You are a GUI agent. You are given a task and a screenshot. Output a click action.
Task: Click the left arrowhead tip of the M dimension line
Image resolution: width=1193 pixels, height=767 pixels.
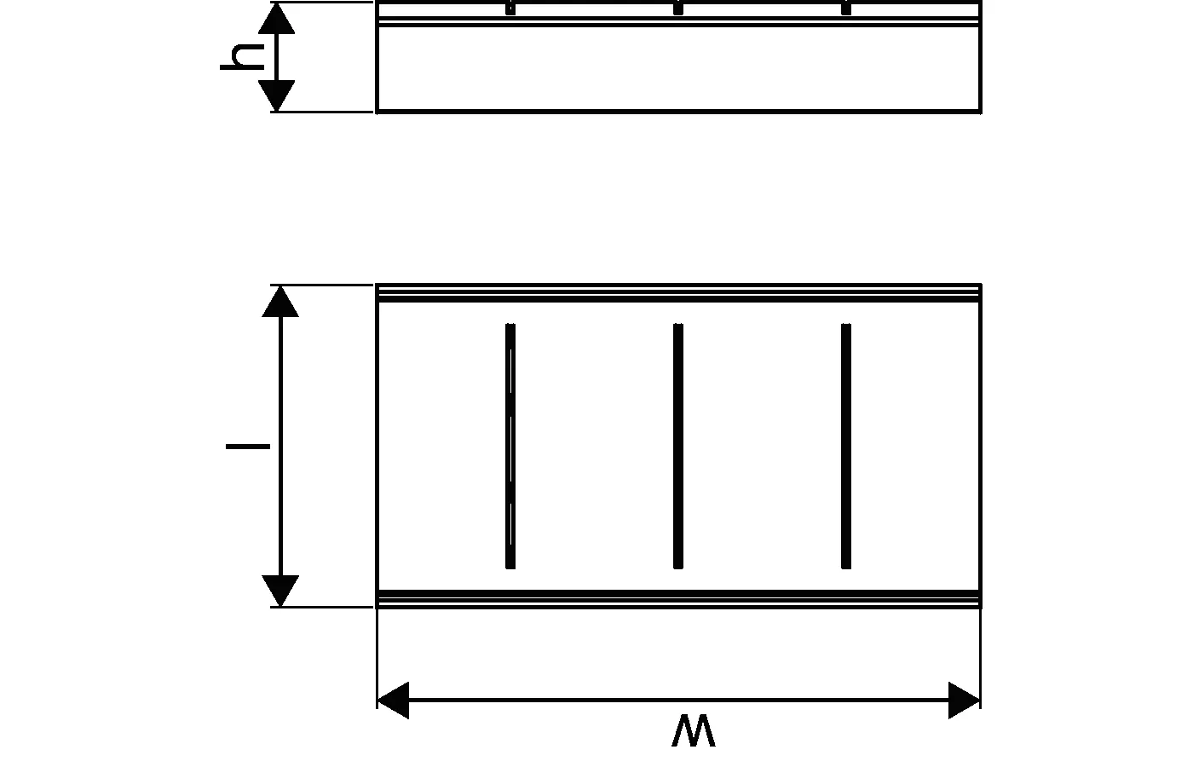point(377,700)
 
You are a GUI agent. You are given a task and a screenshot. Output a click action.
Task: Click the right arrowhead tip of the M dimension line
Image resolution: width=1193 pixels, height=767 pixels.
point(980,700)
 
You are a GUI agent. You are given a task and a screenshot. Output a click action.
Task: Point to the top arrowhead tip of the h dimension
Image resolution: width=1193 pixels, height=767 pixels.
point(276,3)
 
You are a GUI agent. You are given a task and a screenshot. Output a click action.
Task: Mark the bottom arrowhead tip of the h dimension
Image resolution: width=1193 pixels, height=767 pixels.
point(276,112)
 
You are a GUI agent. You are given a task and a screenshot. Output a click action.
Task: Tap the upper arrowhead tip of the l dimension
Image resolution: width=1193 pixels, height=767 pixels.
point(280,286)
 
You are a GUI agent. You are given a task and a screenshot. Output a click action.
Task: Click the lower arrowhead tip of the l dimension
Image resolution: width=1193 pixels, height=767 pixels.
point(280,606)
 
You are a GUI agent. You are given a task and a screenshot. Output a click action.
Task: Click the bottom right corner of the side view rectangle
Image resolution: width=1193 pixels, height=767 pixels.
point(981,112)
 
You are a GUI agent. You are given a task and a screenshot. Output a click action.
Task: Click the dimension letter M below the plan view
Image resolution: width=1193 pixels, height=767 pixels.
point(694,731)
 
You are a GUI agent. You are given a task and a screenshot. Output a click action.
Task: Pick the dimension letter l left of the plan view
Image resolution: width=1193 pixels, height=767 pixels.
point(248,447)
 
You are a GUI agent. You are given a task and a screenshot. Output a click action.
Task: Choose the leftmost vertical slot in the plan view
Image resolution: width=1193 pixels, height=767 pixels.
point(510,446)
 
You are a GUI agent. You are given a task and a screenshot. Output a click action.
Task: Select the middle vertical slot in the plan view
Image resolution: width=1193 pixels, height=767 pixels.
point(678,446)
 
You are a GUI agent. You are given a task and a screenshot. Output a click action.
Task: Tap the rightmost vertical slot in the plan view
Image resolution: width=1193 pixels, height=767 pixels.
point(845,446)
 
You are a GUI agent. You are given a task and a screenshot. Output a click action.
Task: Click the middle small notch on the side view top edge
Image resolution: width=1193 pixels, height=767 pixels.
point(678,8)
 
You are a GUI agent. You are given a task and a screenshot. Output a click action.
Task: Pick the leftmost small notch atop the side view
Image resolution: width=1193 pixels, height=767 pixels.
point(510,8)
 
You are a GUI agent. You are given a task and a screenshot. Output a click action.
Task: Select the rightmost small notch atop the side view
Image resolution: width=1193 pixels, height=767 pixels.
point(845,8)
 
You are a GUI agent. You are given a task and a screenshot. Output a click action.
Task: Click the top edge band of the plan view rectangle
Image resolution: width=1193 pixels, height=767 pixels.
point(678,293)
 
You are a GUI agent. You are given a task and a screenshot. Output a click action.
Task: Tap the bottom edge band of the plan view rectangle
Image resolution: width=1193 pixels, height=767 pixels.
point(678,598)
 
